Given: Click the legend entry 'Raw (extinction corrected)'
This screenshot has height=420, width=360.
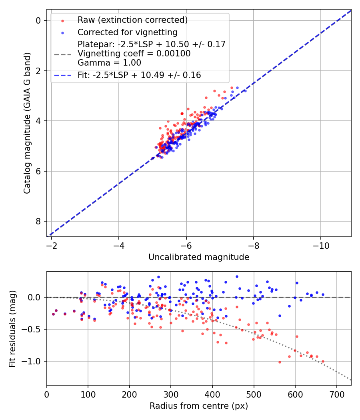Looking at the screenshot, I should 132,20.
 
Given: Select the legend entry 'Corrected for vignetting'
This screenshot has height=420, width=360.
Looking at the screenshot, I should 127,32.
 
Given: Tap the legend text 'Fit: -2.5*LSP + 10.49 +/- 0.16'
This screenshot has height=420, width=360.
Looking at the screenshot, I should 139,75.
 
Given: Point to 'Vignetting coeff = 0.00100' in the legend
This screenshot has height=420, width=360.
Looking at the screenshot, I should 134,54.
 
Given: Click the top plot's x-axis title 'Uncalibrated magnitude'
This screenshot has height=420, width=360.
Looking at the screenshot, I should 199,257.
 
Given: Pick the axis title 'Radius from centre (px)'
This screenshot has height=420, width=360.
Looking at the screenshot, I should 199,406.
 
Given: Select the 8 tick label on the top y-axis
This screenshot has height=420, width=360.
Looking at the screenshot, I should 38,221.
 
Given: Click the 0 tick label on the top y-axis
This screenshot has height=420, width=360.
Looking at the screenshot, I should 38,20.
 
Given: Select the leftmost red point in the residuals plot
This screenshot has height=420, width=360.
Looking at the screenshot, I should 53,314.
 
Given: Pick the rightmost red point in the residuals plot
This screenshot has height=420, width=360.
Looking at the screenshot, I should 323,361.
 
